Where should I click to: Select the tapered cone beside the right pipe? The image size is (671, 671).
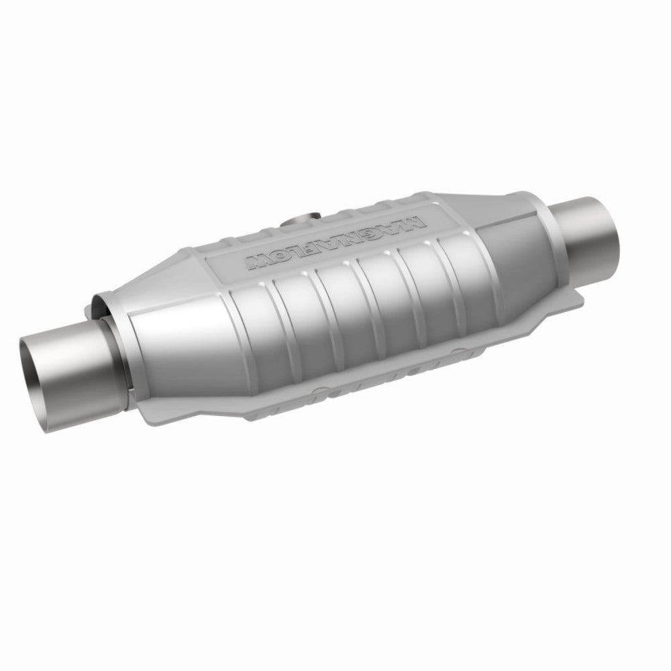510,228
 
